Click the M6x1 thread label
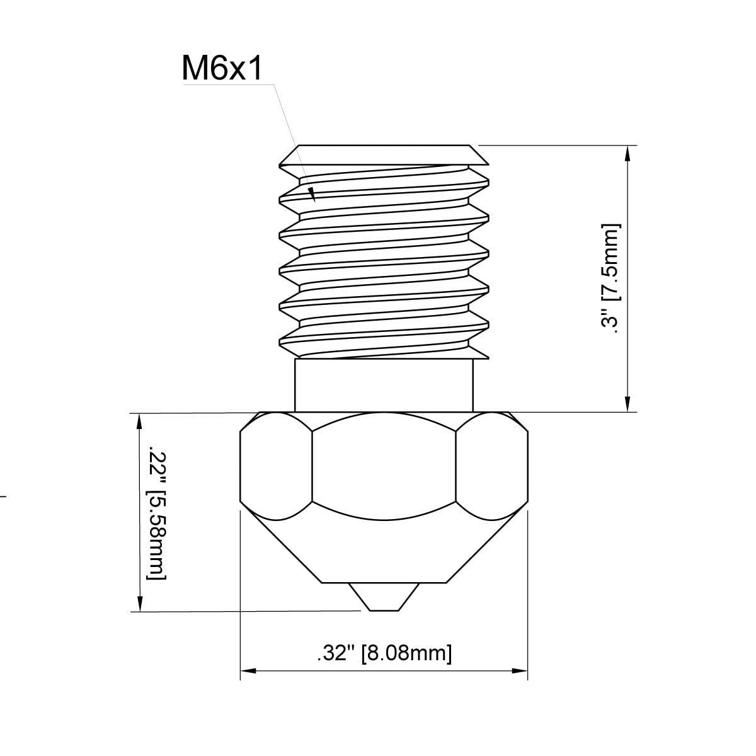tap(222, 68)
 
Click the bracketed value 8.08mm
tap(407, 653)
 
